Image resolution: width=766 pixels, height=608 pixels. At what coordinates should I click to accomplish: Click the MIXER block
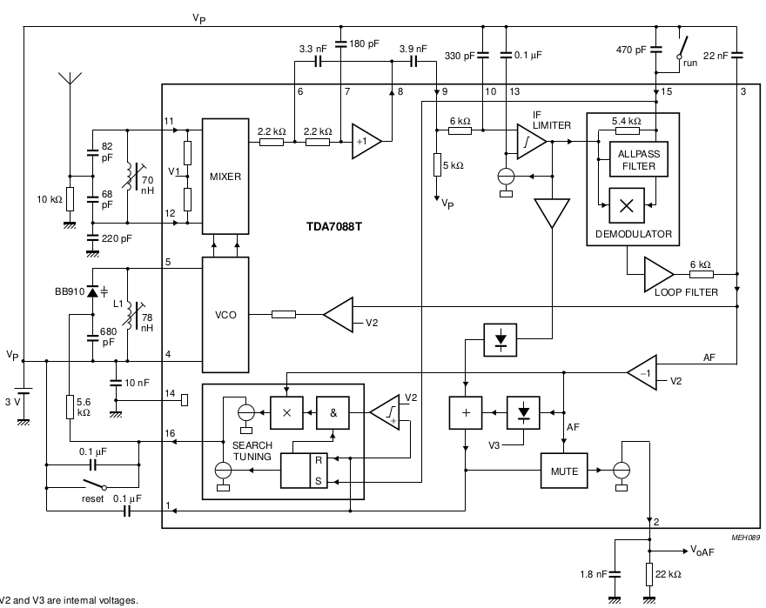[225, 176]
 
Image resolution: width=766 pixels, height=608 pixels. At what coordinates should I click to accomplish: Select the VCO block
[225, 314]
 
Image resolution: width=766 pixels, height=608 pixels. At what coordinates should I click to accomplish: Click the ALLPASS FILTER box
[639, 160]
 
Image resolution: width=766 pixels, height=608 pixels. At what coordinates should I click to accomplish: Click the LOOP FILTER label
[687, 292]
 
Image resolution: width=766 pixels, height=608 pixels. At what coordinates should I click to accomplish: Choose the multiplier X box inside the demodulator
[626, 204]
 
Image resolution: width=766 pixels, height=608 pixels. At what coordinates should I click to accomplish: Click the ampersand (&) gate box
[332, 411]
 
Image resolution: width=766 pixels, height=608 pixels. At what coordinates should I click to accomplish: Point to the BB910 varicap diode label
[68, 292]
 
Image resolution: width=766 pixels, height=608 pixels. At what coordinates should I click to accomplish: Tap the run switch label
[689, 63]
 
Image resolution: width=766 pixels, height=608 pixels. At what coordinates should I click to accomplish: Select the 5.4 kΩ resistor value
[626, 121]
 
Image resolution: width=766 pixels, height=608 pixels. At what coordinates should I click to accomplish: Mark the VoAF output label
[703, 551]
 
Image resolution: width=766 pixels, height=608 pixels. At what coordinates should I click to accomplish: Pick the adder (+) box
[466, 411]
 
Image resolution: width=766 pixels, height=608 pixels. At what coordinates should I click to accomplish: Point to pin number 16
[170, 433]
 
